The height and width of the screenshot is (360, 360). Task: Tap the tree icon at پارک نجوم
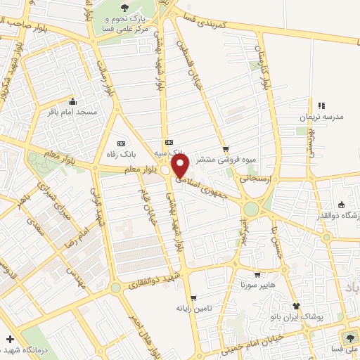124,7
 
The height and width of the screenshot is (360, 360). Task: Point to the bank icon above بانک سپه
167,141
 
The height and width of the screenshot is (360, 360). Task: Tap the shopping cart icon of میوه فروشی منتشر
226,149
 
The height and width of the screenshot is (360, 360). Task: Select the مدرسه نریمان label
321,117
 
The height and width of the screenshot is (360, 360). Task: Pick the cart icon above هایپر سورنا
257,275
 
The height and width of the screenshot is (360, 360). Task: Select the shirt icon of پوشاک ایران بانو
297,306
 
